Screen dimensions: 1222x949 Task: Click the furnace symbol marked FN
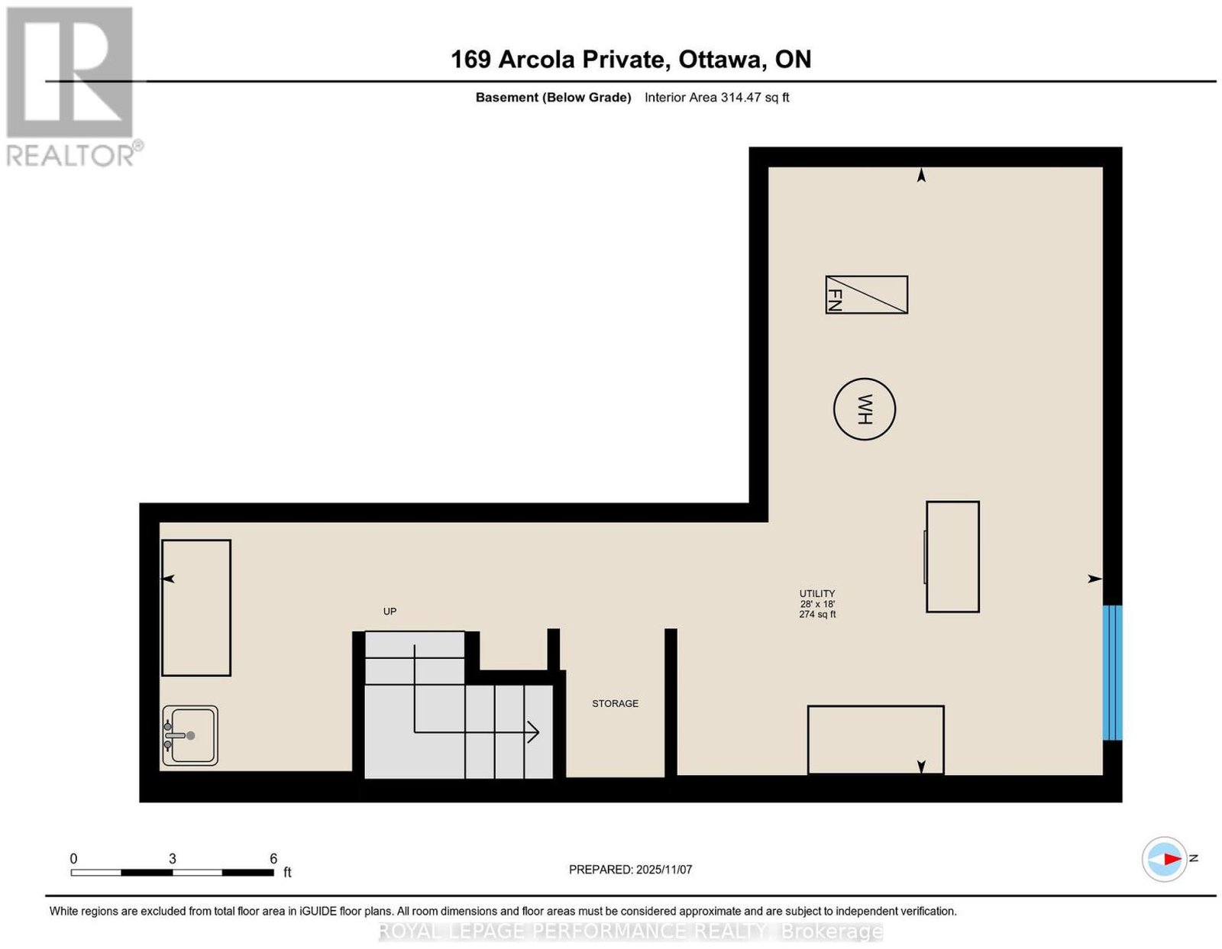(x=866, y=295)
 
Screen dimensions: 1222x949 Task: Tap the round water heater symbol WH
(x=865, y=408)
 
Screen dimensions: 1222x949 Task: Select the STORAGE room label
(x=616, y=703)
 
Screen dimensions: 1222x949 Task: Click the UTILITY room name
(x=817, y=593)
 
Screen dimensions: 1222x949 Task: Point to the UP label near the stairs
(x=390, y=612)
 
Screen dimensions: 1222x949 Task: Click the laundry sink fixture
(x=190, y=735)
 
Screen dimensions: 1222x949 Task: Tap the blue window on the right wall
(x=1112, y=672)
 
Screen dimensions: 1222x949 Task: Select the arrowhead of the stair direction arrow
(x=533, y=732)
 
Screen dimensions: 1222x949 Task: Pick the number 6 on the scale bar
(x=273, y=859)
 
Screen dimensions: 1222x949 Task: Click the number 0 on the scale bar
(x=73, y=859)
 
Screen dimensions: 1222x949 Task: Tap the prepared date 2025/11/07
(x=664, y=870)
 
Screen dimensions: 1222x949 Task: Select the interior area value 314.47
(x=740, y=97)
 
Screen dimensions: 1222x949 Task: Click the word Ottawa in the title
(x=719, y=59)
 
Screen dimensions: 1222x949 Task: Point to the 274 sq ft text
(x=817, y=614)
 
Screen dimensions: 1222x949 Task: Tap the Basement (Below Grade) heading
(x=554, y=97)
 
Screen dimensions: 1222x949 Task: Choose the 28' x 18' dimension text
(x=817, y=604)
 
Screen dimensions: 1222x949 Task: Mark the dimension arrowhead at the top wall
(x=921, y=176)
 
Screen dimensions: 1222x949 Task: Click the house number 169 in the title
(x=471, y=59)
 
